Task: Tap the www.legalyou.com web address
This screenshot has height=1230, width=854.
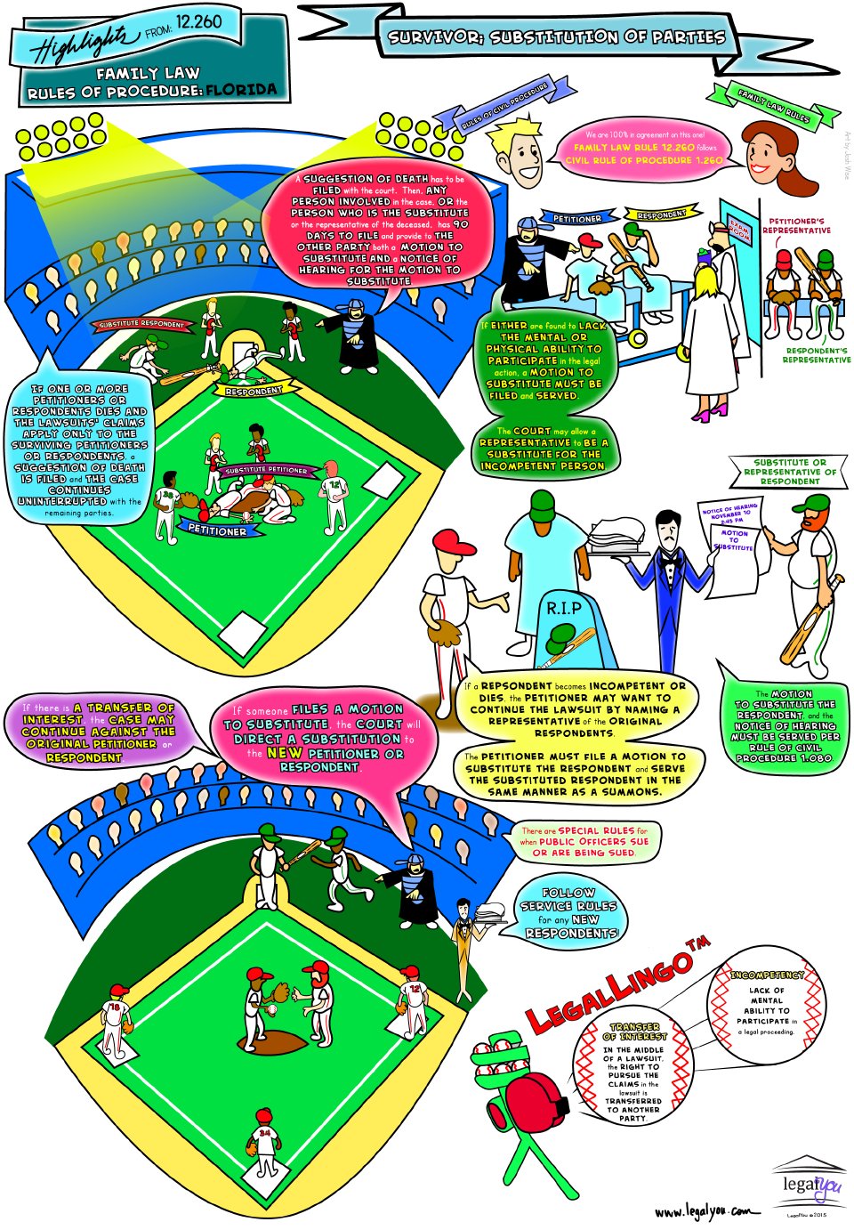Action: (x=708, y=1211)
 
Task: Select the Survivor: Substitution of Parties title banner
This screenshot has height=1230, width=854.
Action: (x=557, y=37)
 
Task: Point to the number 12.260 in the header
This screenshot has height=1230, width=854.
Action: (x=198, y=21)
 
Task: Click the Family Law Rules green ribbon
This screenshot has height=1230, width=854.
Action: (x=773, y=105)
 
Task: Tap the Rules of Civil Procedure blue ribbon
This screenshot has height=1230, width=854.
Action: (x=504, y=107)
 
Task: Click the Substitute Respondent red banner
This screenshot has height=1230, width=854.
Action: (x=141, y=324)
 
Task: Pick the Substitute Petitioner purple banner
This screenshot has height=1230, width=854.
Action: (x=265, y=469)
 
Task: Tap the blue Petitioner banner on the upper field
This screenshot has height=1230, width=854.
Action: (x=216, y=530)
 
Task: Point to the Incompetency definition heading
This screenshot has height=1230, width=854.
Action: (x=767, y=975)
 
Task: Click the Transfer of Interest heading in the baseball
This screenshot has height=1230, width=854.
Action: (x=634, y=1032)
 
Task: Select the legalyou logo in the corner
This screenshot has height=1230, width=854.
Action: (x=810, y=1184)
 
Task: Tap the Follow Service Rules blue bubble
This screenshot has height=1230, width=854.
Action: (x=568, y=912)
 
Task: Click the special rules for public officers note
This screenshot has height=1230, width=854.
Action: (x=584, y=841)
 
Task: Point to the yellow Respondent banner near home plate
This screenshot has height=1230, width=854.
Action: (x=254, y=391)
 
